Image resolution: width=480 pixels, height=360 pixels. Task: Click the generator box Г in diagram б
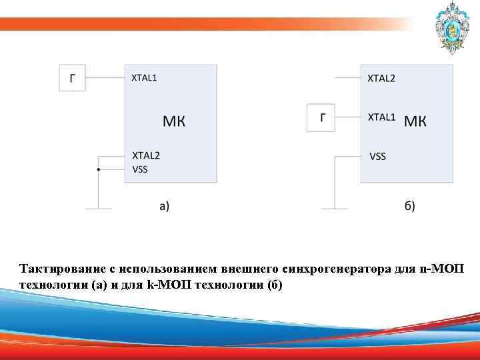pyautogui.click(x=322, y=118)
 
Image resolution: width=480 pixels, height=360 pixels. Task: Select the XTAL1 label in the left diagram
pyautogui.click(x=145, y=78)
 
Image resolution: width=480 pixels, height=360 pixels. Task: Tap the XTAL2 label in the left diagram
pyautogui.click(x=146, y=155)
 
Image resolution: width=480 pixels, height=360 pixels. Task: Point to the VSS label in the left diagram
pyautogui.click(x=140, y=169)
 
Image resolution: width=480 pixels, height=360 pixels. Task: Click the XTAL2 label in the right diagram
pyautogui.click(x=381, y=78)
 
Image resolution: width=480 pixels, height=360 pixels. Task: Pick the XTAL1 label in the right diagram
pyautogui.click(x=382, y=117)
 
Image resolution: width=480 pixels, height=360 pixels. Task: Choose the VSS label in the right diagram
pyautogui.click(x=377, y=157)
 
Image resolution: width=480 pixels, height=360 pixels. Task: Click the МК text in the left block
pyautogui.click(x=174, y=121)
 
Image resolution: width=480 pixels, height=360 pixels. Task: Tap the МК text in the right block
pyautogui.click(x=416, y=121)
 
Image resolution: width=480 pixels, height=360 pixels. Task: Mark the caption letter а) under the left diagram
pyautogui.click(x=164, y=206)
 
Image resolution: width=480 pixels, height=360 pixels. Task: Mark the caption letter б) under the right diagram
pyautogui.click(x=409, y=206)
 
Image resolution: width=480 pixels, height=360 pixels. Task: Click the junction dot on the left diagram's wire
pyautogui.click(x=99, y=169)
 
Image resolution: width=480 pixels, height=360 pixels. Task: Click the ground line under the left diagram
pyautogui.click(x=99, y=209)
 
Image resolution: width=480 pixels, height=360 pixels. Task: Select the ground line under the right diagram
pyautogui.click(x=334, y=209)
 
